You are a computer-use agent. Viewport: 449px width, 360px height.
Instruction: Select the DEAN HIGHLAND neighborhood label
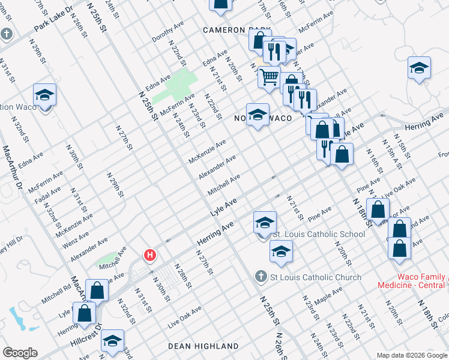(x=203, y=346)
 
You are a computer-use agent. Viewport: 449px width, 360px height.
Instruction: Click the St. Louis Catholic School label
(x=318, y=234)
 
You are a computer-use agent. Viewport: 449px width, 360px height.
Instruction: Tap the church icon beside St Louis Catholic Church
(x=261, y=277)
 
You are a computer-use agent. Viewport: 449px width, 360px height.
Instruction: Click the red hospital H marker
(x=150, y=256)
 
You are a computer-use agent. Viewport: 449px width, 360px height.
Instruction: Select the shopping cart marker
(x=269, y=77)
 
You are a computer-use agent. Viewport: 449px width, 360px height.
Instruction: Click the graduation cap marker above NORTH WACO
(x=258, y=114)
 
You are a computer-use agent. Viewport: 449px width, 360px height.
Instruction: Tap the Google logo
(x=20, y=353)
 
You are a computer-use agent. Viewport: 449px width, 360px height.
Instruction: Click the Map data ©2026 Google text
(x=411, y=355)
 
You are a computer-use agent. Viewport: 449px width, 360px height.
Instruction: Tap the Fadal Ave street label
(x=47, y=199)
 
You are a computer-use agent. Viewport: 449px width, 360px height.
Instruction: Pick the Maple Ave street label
(x=328, y=293)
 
